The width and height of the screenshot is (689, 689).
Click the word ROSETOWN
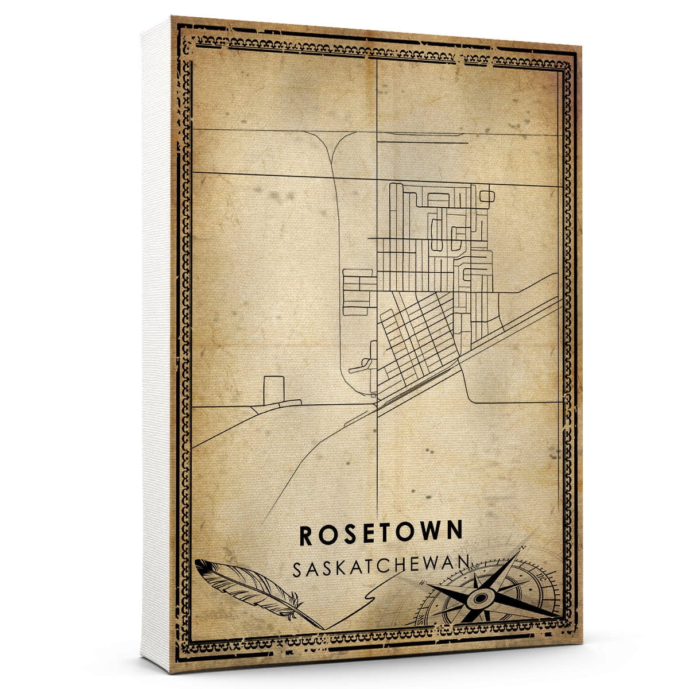[x=381, y=533]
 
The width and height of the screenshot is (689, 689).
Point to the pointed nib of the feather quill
[x=322, y=627]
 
